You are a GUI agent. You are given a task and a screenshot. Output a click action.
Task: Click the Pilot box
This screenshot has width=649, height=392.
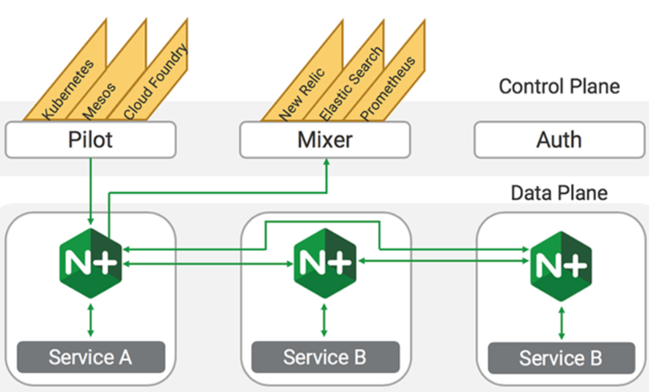(91, 138)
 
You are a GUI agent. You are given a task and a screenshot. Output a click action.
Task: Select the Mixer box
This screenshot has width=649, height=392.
(324, 138)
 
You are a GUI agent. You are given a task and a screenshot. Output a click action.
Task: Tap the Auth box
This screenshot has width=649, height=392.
(559, 138)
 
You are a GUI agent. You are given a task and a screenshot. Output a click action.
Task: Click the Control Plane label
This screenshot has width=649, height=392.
(559, 87)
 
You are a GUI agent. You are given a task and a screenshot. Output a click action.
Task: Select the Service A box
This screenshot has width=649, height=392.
(91, 356)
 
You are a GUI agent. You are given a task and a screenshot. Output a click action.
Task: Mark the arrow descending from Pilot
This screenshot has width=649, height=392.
(91, 190)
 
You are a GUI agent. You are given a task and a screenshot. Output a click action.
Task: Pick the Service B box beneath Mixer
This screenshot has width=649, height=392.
(325, 356)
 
